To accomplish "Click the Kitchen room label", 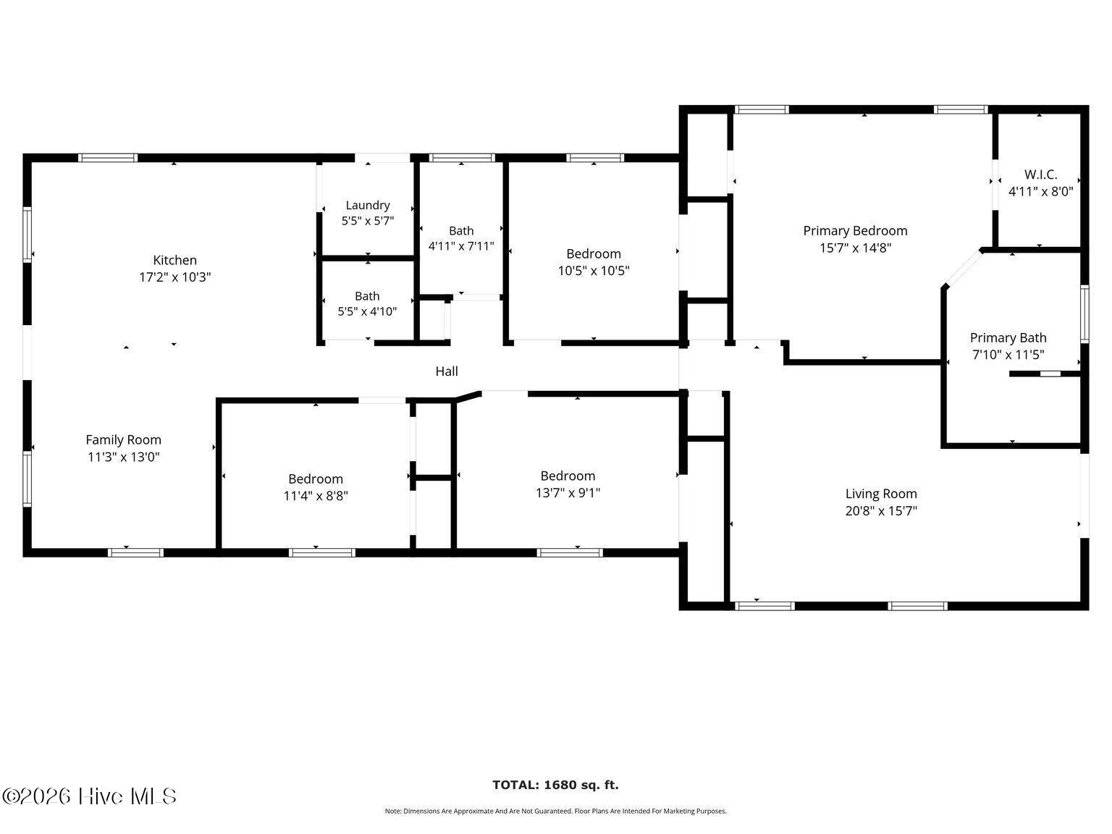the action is (174, 261).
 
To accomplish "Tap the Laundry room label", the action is (368, 205).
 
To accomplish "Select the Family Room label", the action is (124, 440).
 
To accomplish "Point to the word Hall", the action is (447, 371).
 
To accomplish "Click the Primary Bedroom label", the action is (855, 231).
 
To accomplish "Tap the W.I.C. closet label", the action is (1040, 174).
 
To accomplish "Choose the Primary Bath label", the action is (1008, 338).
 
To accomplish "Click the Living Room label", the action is (881, 494).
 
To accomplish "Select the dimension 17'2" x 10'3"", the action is (174, 277).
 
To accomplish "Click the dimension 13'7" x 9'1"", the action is (568, 493).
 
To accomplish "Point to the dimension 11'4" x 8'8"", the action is (316, 496).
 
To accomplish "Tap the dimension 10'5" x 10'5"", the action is (594, 271).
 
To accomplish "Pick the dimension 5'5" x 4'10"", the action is (367, 311).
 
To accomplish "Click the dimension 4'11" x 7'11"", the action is (461, 246).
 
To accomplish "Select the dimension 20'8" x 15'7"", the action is (881, 510).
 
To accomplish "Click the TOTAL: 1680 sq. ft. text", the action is (556, 785).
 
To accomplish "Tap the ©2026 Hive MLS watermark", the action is (89, 796).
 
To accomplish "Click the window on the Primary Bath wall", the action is (1084, 314).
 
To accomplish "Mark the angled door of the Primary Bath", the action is (963, 269).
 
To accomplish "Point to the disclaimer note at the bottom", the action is (556, 812).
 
